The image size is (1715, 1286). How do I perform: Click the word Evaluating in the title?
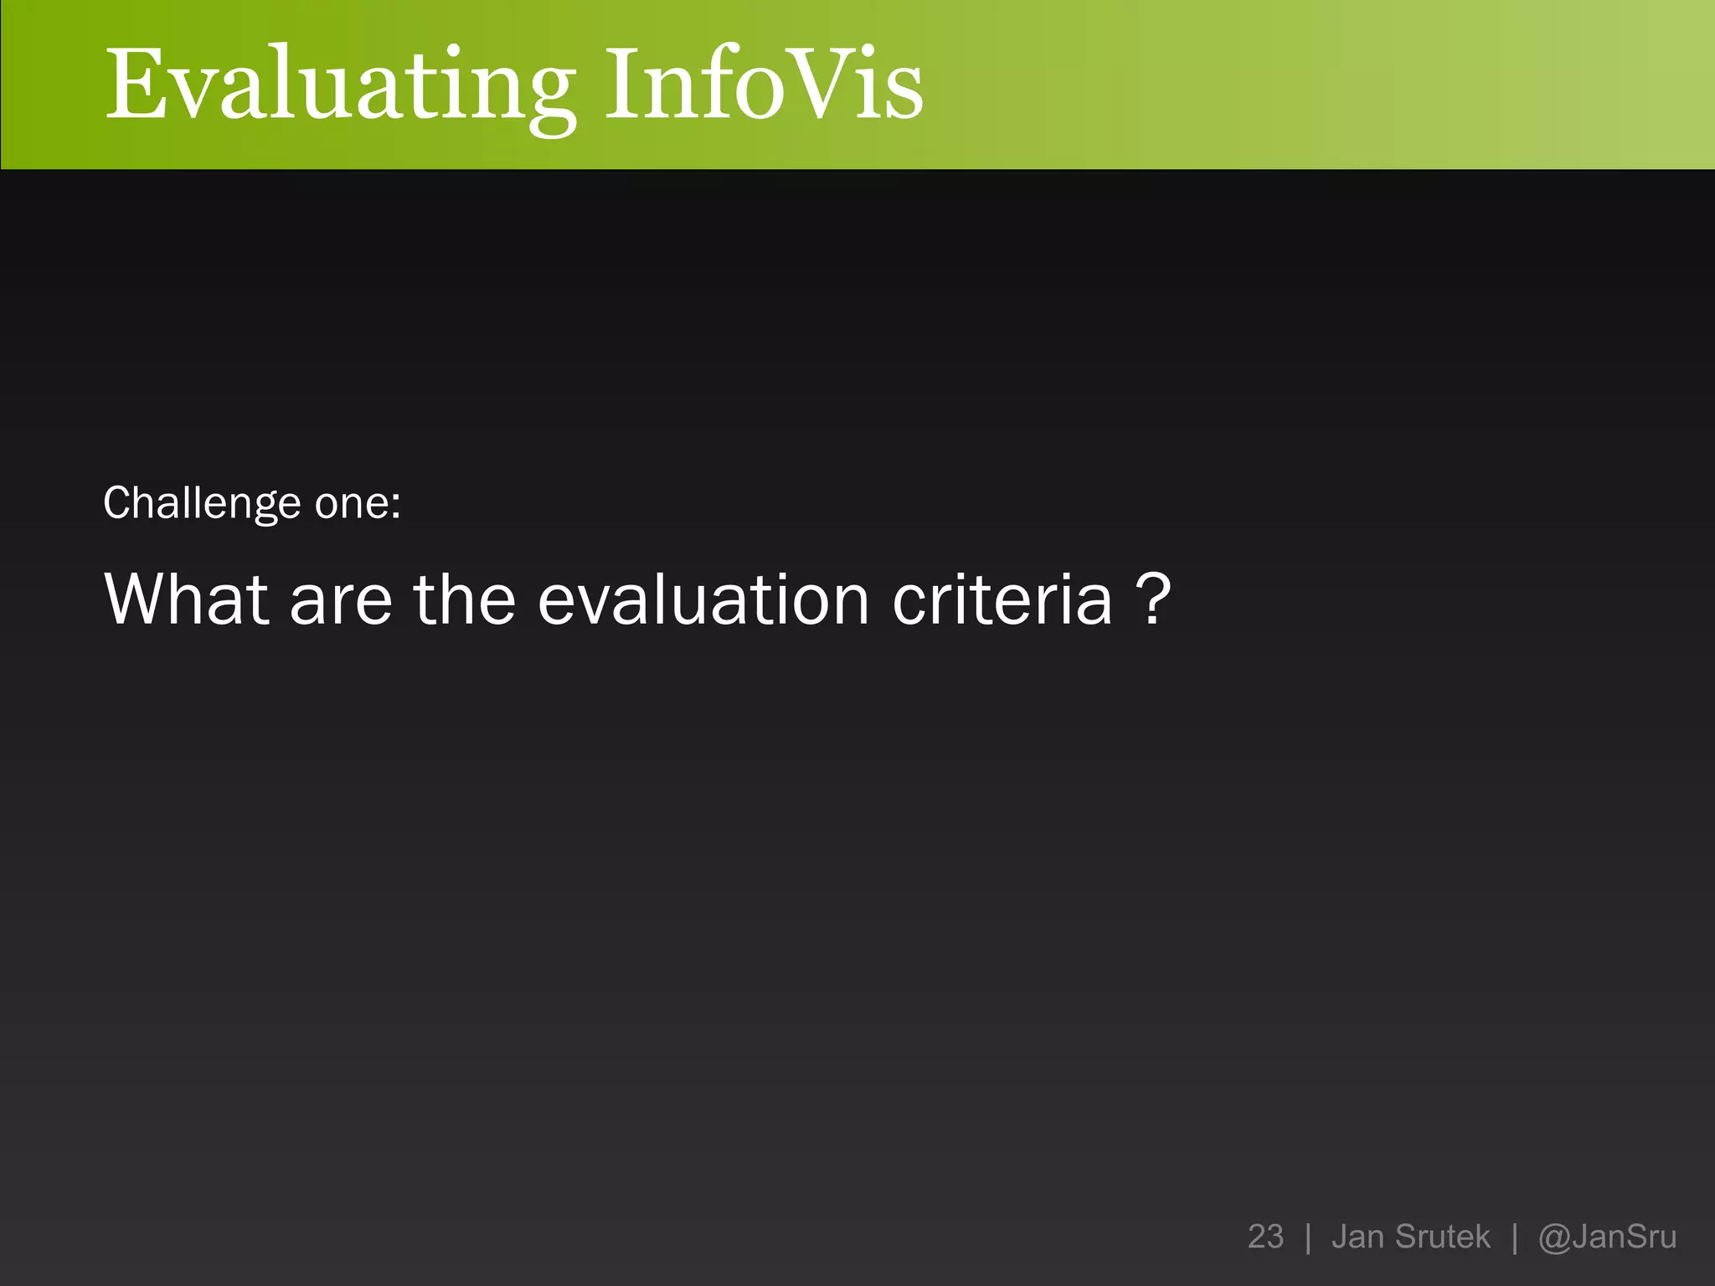[340, 86]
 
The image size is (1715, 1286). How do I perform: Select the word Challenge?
[202, 504]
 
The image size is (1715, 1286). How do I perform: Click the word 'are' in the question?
[341, 600]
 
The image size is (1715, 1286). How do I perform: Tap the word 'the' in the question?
[465, 599]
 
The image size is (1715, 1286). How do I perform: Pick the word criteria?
[1002, 599]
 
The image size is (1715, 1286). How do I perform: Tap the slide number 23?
[1265, 1237]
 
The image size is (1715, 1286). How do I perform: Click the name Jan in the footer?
[1357, 1237]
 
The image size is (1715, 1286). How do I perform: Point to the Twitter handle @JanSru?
[1607, 1237]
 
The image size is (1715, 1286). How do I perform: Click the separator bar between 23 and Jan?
[1308, 1237]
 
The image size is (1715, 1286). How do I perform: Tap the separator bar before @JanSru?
[1514, 1237]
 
